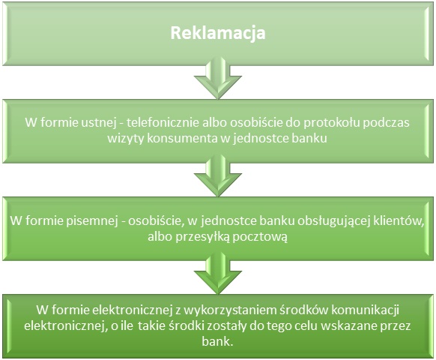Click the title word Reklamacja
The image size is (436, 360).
point(218,34)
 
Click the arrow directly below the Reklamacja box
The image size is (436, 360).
point(218,78)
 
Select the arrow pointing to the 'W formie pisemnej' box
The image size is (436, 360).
point(218,175)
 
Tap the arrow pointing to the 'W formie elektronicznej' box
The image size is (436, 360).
point(218,273)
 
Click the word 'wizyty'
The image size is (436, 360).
point(126,139)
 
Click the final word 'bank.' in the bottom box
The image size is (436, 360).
point(217,341)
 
